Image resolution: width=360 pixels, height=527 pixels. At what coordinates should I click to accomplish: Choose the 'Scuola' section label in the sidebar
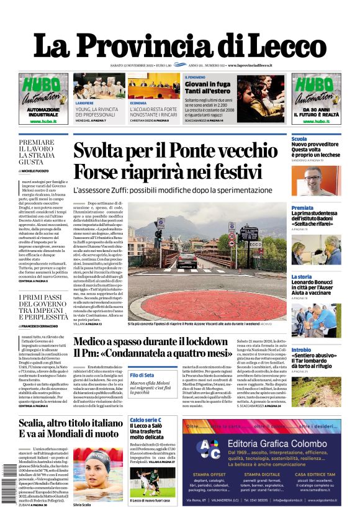click(299, 139)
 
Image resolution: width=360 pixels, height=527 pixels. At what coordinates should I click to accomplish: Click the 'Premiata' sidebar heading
click(302, 208)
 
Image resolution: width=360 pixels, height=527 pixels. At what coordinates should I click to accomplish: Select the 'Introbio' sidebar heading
click(302, 350)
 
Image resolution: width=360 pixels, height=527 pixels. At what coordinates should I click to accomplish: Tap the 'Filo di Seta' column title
click(142, 375)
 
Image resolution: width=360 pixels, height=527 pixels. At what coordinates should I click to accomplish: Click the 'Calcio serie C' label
click(145, 420)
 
